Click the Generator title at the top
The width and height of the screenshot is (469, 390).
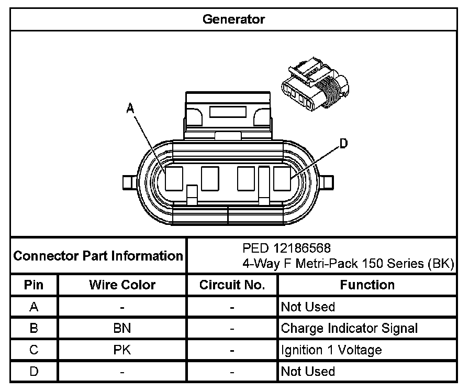pyautogui.click(x=233, y=20)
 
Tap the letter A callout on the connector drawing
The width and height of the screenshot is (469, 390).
pyautogui.click(x=131, y=109)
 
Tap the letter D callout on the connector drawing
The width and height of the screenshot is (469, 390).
pyautogui.click(x=344, y=143)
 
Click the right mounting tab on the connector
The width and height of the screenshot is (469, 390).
pyautogui.click(x=328, y=182)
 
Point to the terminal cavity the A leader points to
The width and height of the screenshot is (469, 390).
pyautogui.click(x=173, y=178)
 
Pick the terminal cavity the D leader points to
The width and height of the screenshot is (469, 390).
pyautogui.click(x=282, y=178)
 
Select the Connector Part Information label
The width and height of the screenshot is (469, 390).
pyautogui.click(x=98, y=256)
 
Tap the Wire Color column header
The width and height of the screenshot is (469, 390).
pyautogui.click(x=122, y=285)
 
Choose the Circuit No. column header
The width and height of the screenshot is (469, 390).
pyautogui.click(x=232, y=285)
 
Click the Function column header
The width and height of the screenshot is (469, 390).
pyautogui.click(x=367, y=285)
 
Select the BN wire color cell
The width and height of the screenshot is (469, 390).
pyautogui.click(x=122, y=329)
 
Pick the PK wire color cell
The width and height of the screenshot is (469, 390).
pyautogui.click(x=122, y=350)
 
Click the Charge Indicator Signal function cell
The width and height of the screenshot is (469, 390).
pyautogui.click(x=349, y=329)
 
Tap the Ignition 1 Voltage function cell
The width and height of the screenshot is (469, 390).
pyautogui.click(x=331, y=350)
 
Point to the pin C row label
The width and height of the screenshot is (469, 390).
pyautogui.click(x=34, y=350)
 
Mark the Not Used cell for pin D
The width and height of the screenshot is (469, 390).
pyautogui.click(x=308, y=372)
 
